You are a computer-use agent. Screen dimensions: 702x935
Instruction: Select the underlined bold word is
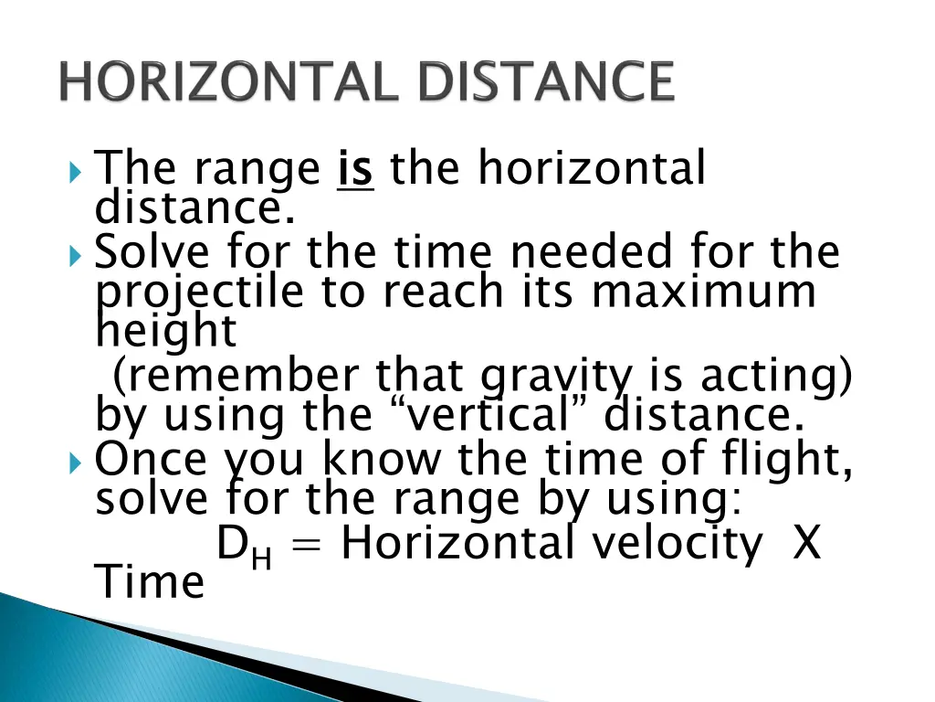pyautogui.click(x=355, y=170)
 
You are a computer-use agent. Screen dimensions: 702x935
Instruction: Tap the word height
pyautogui.click(x=166, y=334)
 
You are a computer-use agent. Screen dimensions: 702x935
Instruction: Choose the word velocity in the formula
pyautogui.click(x=677, y=545)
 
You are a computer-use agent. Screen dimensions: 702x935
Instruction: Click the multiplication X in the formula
pyautogui.click(x=805, y=545)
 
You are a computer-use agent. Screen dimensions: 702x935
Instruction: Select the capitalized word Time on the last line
pyautogui.click(x=151, y=582)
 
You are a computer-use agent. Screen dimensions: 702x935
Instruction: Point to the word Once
pyautogui.click(x=150, y=460)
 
